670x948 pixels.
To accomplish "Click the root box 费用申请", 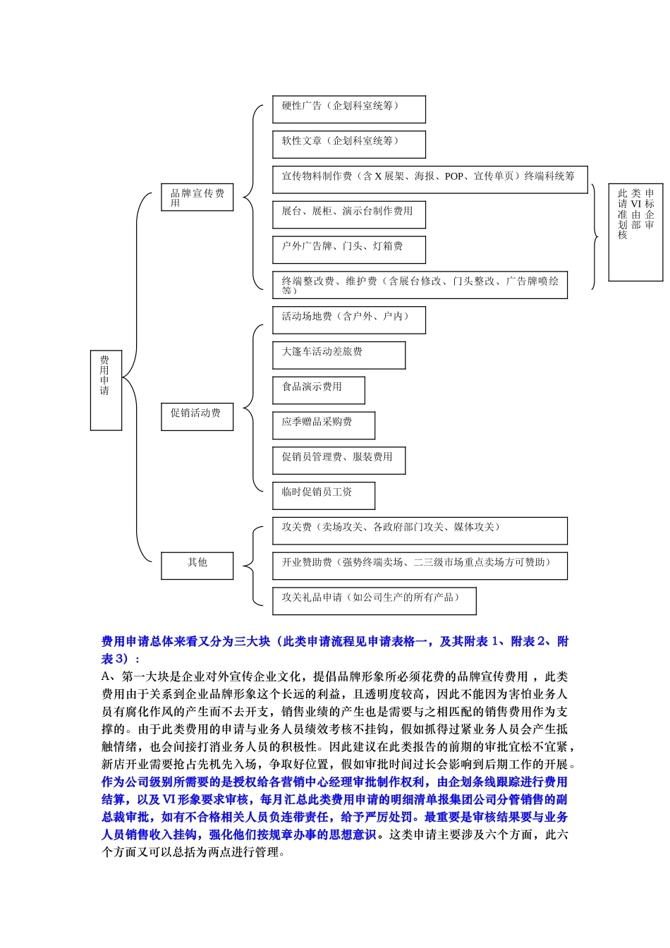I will pos(106,389).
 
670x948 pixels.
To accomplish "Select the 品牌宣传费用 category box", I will pos(197,197).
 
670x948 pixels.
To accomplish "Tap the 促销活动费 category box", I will pos(197,417).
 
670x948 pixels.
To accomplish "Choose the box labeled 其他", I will pos(197,565).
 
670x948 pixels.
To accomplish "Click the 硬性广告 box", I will pos(348,109).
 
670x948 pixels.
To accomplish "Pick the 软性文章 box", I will pos(348,144).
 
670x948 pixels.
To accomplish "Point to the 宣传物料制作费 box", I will pos(430,179).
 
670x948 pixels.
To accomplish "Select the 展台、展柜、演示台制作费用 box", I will pos(348,214).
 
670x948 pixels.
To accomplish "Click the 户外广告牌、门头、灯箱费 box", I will pos(348,250).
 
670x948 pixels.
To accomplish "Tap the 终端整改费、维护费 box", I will pos(420,285).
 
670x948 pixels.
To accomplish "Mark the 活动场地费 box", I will pos(348,320).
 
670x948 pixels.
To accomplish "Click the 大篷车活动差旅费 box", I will pos(339,355).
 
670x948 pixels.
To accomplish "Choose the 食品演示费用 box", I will pos(318,390).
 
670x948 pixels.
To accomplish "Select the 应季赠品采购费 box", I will pos(323,425).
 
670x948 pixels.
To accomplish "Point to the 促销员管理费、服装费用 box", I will pos(339,460).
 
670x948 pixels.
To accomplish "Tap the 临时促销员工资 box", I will pos(323,495).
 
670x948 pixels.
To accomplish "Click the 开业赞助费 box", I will pos(420,566).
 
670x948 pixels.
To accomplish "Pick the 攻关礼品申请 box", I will pos(374,601).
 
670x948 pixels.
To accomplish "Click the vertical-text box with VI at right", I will pos(635,232).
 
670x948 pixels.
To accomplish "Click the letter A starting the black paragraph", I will pos(106,676).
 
